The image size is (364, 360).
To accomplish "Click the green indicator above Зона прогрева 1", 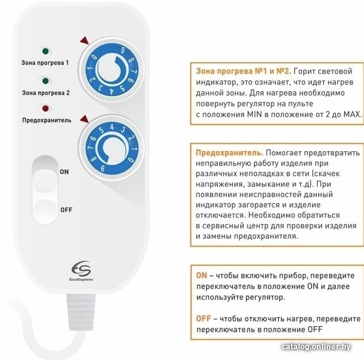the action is (x=45, y=51).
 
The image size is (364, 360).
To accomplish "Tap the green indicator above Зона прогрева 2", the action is (x=45, y=81).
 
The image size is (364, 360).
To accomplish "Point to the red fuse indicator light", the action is (x=45, y=108).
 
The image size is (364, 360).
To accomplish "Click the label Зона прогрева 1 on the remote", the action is (x=45, y=63).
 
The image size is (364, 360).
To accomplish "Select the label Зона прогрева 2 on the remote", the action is (x=46, y=93).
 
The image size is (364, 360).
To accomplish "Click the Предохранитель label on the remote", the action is (x=47, y=120).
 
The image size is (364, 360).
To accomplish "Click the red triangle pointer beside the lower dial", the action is (x=85, y=119).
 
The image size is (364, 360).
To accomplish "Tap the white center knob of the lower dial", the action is (x=113, y=148).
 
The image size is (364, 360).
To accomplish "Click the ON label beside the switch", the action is (x=64, y=172).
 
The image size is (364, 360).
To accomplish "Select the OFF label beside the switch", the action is (x=66, y=210).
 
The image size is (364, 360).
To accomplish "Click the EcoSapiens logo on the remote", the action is (x=81, y=271).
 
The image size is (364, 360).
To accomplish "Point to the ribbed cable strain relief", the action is (x=81, y=312).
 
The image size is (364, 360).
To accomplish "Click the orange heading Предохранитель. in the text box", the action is (x=229, y=153).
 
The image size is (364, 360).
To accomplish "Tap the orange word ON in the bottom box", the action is (x=201, y=275).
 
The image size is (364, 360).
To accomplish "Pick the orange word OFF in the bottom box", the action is (x=204, y=319).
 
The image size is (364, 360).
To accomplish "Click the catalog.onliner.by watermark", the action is (x=316, y=347).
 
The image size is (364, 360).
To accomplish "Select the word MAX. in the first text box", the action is (x=352, y=114).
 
